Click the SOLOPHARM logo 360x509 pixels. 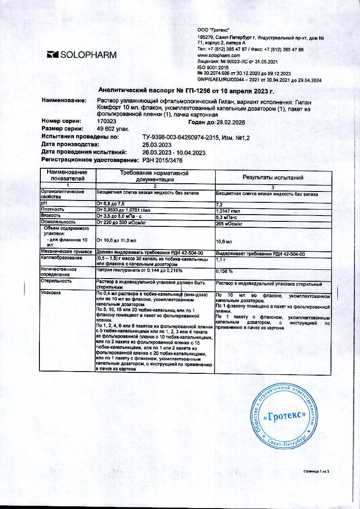coord(82,55)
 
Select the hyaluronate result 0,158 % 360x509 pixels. coord(224,271)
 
